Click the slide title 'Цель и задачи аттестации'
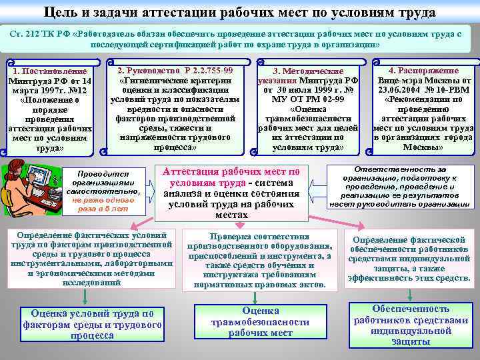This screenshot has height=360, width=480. pyautogui.click(x=240, y=11)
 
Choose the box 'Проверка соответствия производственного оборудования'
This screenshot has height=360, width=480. pyautogui.click(x=259, y=261)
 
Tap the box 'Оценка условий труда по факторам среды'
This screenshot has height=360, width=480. pyautogui.click(x=92, y=325)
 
